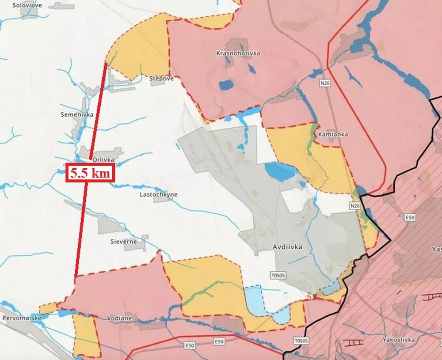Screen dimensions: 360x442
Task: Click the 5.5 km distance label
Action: coord(91,173)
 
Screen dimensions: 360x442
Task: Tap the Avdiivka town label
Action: coord(288,247)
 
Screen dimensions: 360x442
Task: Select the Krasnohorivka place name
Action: coord(238,53)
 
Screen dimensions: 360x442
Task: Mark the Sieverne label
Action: coord(123,242)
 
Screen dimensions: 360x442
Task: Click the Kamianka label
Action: coord(335,134)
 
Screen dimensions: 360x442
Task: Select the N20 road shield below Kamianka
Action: coord(354,205)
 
